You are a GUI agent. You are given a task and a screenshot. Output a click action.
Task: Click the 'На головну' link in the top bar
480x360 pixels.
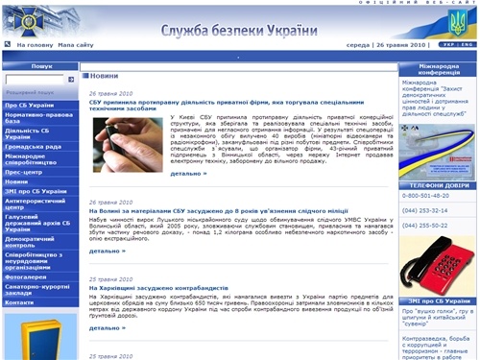35,45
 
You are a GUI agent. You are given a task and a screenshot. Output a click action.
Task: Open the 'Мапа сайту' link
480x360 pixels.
76,45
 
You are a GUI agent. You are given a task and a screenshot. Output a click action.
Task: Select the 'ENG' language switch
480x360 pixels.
467,45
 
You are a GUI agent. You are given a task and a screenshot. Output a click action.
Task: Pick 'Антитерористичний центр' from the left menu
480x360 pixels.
35,204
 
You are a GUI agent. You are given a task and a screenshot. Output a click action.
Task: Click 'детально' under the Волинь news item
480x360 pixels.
108,251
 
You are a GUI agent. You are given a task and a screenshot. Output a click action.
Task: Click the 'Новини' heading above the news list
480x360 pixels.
105,75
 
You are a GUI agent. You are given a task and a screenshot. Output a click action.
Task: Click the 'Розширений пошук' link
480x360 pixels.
39,91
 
